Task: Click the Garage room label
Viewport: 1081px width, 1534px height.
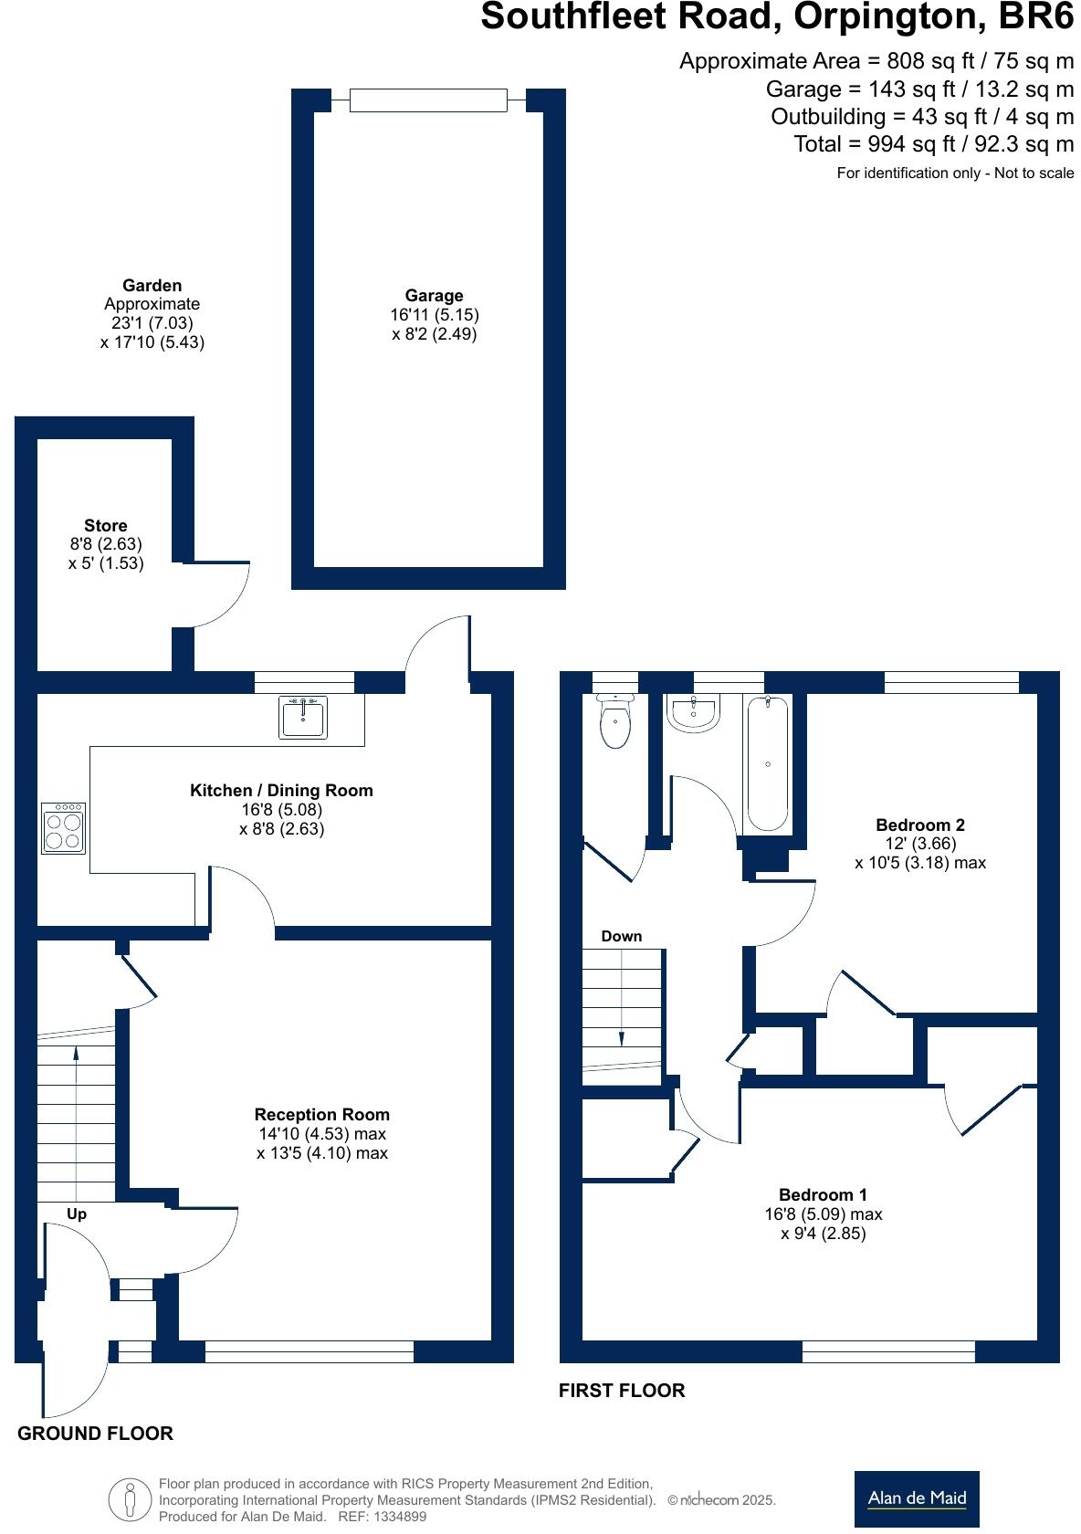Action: pyautogui.click(x=434, y=296)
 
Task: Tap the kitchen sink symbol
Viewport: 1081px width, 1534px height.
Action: pyautogui.click(x=302, y=718)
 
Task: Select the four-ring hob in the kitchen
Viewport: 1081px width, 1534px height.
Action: pyautogui.click(x=63, y=828)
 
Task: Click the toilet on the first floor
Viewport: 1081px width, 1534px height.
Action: pyautogui.click(x=615, y=724)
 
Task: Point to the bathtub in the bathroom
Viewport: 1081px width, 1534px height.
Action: pyautogui.click(x=767, y=764)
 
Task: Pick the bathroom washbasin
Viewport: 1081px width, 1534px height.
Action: pyautogui.click(x=695, y=713)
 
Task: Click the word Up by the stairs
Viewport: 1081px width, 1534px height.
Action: pyautogui.click(x=77, y=1214)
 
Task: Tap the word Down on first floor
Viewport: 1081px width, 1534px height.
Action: pyautogui.click(x=621, y=936)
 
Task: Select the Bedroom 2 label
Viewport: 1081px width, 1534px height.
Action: pyautogui.click(x=919, y=825)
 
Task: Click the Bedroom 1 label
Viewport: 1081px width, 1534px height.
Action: pyautogui.click(x=823, y=1194)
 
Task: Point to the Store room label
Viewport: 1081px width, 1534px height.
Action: pyautogui.click(x=105, y=526)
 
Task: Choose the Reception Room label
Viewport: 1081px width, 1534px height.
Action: pyautogui.click(x=321, y=1114)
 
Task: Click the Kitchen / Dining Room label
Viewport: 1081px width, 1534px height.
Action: pyautogui.click(x=281, y=791)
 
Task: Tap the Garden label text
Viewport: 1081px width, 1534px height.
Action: pyautogui.click(x=152, y=286)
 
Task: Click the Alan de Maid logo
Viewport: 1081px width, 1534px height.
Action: pyautogui.click(x=916, y=1497)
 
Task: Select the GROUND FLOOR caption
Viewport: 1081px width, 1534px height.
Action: pyautogui.click(x=95, y=1434)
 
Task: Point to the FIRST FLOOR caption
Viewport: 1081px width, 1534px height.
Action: pyautogui.click(x=622, y=1391)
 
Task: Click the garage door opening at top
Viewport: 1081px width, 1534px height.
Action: pyautogui.click(x=427, y=100)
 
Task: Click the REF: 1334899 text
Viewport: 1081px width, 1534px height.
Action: pyautogui.click(x=382, y=1517)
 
